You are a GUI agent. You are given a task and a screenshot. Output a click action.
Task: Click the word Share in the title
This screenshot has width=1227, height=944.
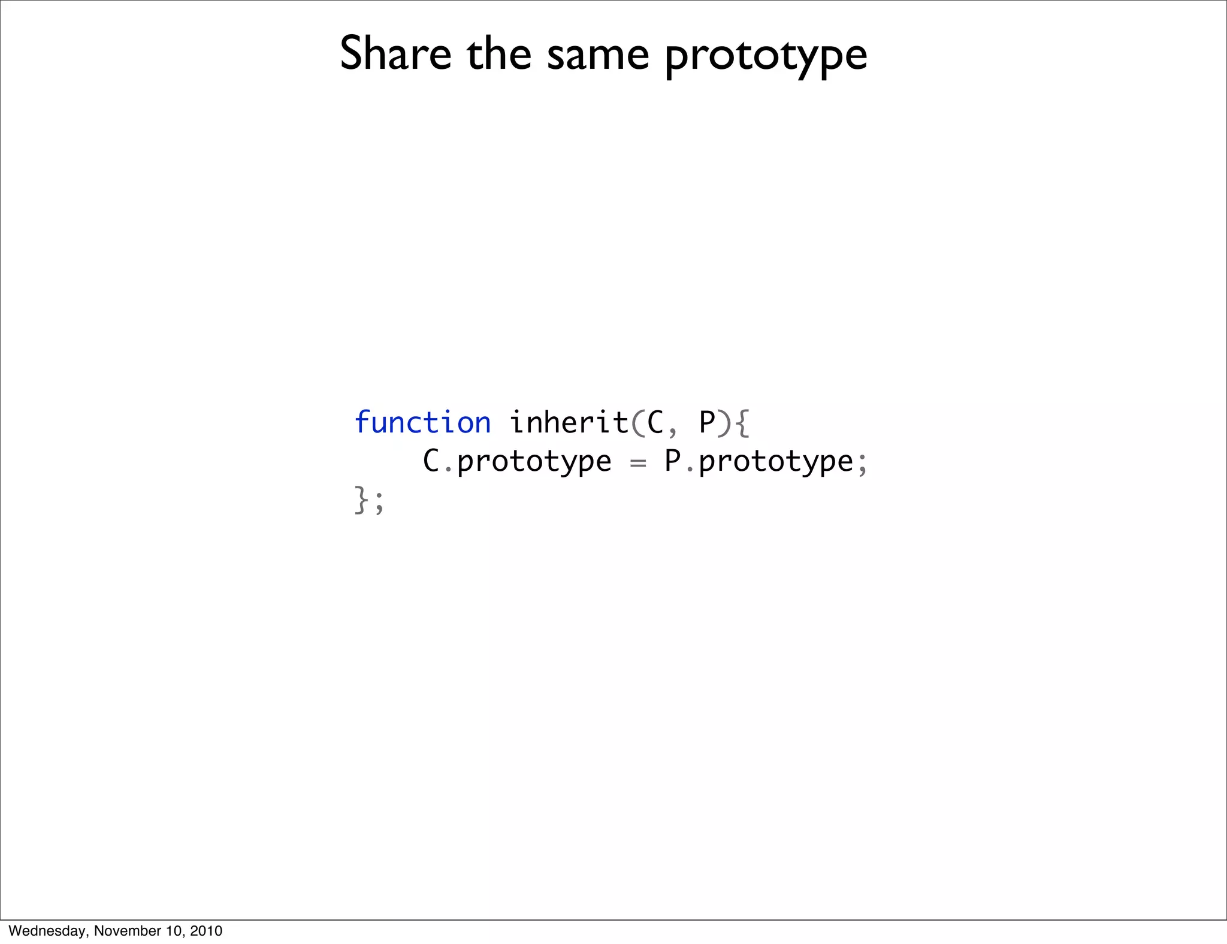[395, 54]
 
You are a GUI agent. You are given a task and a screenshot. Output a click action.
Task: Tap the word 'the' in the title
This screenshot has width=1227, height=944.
[499, 54]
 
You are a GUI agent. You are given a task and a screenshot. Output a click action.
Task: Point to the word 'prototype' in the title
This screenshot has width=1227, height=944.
[766, 57]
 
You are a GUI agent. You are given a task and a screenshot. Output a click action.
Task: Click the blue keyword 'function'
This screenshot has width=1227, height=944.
[422, 423]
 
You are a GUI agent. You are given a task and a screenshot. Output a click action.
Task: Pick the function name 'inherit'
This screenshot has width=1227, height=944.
[569, 423]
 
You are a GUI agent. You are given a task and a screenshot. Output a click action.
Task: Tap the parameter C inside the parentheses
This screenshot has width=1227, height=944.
[655, 423]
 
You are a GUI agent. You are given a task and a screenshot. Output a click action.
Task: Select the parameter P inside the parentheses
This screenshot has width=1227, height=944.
[708, 423]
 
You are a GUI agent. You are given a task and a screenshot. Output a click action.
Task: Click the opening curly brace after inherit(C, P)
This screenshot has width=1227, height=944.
[742, 423]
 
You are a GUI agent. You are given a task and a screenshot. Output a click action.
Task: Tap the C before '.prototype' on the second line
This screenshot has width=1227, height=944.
[431, 461]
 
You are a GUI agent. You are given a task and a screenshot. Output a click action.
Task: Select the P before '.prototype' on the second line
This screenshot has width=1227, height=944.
[673, 461]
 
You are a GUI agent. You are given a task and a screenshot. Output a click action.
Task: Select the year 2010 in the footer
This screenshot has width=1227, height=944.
[206, 931]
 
